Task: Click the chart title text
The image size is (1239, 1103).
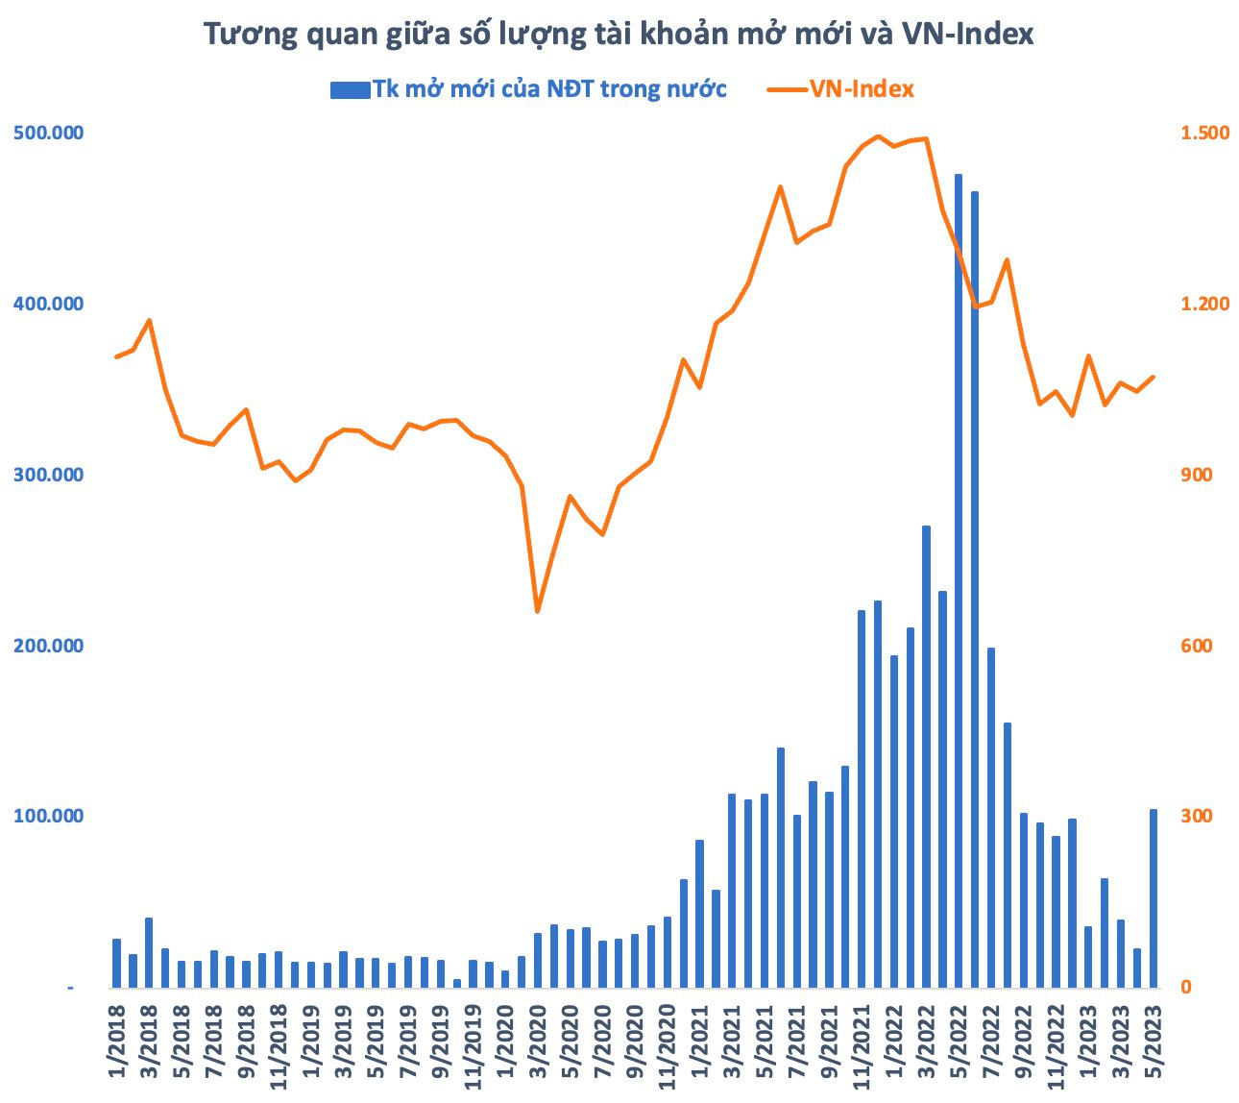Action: coord(619,35)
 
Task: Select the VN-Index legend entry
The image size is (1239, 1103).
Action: coord(861,89)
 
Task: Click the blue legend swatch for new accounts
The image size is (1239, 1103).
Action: coord(350,89)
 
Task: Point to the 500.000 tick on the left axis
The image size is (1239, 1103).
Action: coord(47,133)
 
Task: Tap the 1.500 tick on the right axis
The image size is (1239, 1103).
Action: coord(1204,133)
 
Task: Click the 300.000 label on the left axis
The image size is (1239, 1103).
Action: coord(47,475)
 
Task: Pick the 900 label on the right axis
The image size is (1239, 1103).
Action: coord(1195,475)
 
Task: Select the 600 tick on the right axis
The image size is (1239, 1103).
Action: coord(1195,646)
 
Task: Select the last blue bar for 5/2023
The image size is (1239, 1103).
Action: coord(1154,898)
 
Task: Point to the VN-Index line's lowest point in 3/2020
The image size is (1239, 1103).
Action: coord(537,611)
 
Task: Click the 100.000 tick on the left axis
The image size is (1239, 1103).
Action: coord(47,816)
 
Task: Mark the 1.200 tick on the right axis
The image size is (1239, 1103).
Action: coord(1204,304)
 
